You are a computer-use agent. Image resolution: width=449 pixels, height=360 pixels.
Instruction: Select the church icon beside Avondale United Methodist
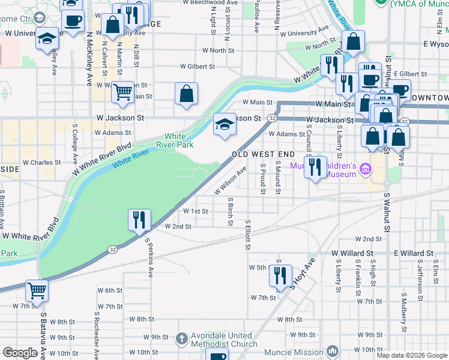point(182,339)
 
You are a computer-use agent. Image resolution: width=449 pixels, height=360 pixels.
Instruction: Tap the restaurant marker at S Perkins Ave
point(139,220)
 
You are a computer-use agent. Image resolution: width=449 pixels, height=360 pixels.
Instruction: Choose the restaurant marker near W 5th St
point(280,277)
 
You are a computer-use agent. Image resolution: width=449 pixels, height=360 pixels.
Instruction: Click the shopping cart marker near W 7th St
point(37,291)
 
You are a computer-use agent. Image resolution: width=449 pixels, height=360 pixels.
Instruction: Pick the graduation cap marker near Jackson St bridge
point(224,125)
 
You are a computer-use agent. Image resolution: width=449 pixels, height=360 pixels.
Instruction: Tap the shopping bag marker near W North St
point(354,42)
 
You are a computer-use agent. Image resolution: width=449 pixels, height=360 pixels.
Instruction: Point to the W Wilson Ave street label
point(231,181)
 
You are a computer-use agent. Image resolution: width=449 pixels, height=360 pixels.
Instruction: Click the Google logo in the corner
point(20,353)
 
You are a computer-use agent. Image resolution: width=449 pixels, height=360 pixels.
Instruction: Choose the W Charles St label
point(41,162)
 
